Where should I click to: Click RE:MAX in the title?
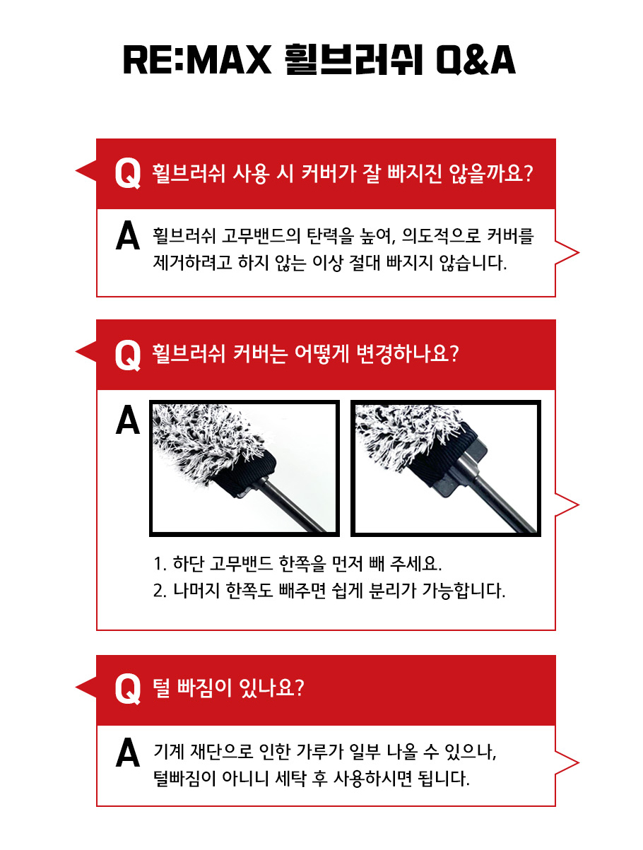tap(197, 60)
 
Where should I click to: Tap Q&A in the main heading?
tap(476, 60)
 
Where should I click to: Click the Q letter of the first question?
tap(128, 174)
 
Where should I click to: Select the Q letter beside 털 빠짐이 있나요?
tap(128, 688)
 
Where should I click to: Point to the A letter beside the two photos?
tap(127, 420)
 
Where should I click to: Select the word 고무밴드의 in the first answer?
tap(261, 235)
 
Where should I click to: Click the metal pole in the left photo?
tap(293, 506)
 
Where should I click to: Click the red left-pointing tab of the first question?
tap(86, 171)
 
